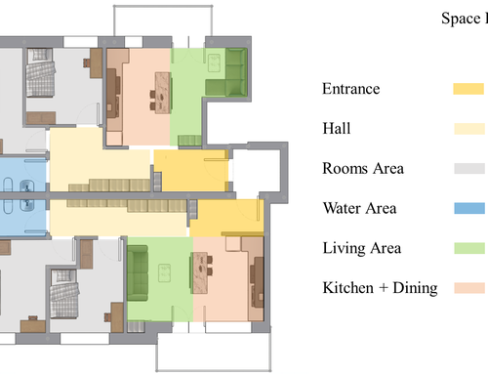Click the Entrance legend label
click(x=350, y=89)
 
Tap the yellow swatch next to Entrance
click(x=468, y=89)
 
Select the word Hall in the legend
click(x=337, y=128)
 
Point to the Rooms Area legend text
click(x=363, y=168)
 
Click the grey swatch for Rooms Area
click(x=469, y=169)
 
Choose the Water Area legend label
click(x=359, y=208)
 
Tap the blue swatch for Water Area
click(x=469, y=208)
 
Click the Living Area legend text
click(x=362, y=248)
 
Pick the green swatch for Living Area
click(x=469, y=248)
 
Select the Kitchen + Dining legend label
click(x=380, y=288)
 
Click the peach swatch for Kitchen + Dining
click(x=469, y=288)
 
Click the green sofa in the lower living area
click(x=138, y=272)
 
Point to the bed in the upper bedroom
click(x=40, y=72)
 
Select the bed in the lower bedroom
click(x=64, y=294)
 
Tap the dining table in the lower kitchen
click(x=200, y=272)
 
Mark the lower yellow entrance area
click(x=226, y=218)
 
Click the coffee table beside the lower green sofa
click(x=164, y=272)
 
